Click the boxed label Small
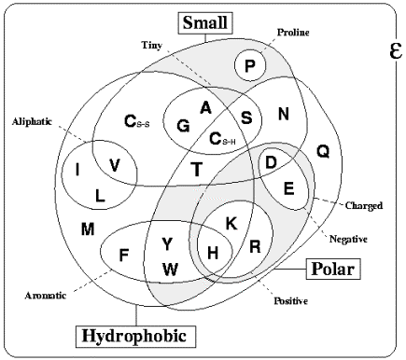click(205, 22)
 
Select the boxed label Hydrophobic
click(135, 337)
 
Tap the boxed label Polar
click(333, 269)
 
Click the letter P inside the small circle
click(250, 66)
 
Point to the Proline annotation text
click(293, 33)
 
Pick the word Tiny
click(152, 46)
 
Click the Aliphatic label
click(32, 121)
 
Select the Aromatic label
click(46, 295)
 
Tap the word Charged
click(364, 205)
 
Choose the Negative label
click(348, 239)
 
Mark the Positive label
click(291, 301)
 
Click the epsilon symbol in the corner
click(396, 50)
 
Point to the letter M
click(88, 229)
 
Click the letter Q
click(323, 152)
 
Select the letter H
click(213, 253)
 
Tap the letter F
click(124, 256)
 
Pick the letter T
click(197, 170)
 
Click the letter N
click(284, 114)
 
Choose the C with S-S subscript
click(137, 121)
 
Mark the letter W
click(170, 270)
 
